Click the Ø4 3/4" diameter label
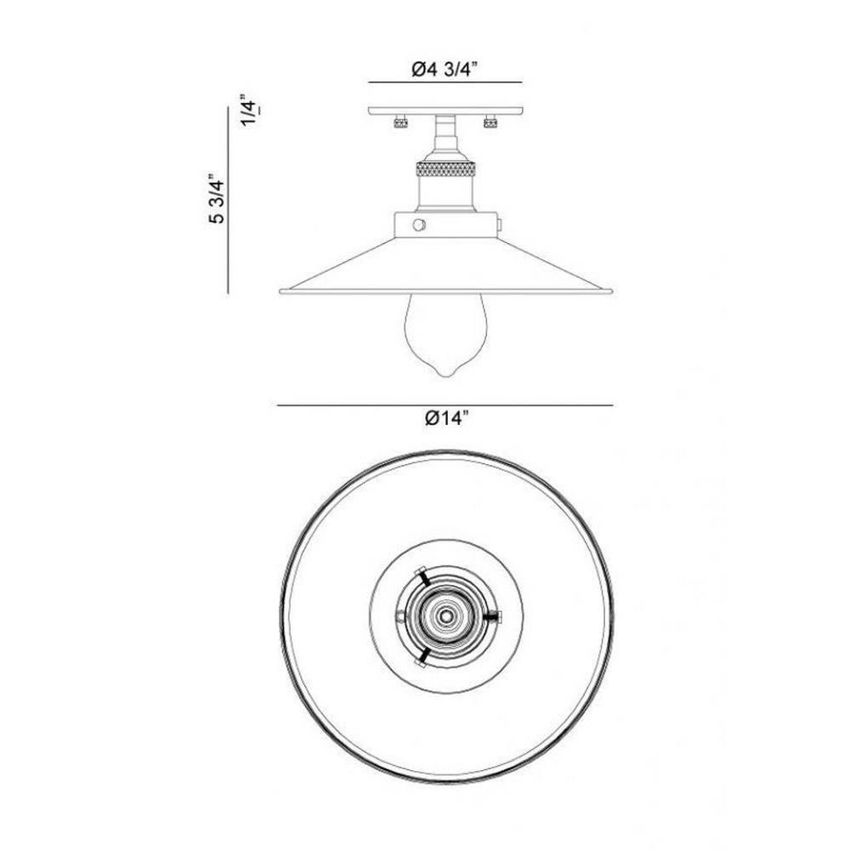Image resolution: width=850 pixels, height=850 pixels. click(444, 69)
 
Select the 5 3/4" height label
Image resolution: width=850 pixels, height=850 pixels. click(215, 198)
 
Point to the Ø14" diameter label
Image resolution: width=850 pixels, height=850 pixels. click(446, 418)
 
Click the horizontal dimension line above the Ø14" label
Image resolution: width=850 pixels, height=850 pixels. click(445, 405)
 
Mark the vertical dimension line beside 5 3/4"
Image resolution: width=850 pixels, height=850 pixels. click(228, 201)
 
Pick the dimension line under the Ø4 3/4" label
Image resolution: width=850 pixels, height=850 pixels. click(445, 82)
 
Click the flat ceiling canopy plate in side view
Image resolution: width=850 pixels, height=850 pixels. click(445, 110)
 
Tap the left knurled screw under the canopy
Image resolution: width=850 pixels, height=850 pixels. click(400, 122)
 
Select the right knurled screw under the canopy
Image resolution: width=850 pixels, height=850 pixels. click(490, 122)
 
